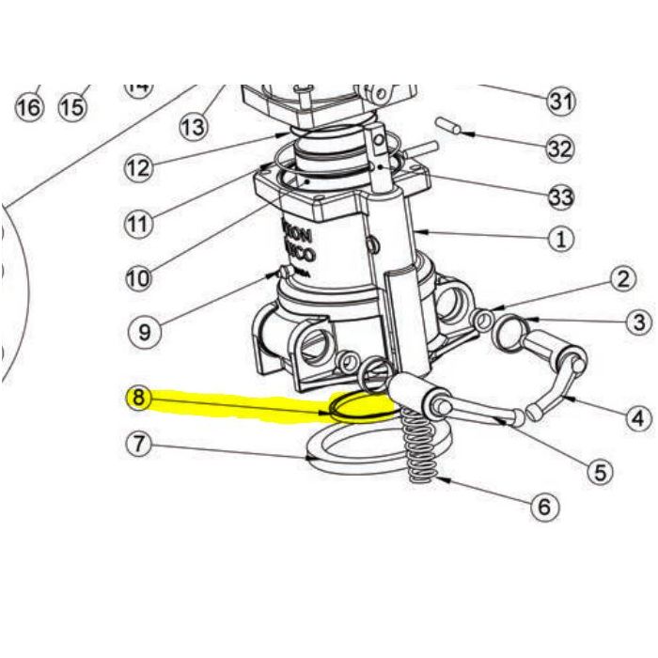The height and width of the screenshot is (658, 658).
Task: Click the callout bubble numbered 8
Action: (x=139, y=398)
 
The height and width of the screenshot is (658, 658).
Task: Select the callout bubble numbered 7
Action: (x=139, y=443)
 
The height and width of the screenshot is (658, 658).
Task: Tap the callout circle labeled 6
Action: (x=543, y=508)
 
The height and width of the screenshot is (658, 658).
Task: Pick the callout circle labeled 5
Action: (x=601, y=470)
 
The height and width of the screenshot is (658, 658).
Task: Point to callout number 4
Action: (x=638, y=416)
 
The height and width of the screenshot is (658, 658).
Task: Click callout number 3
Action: (x=639, y=322)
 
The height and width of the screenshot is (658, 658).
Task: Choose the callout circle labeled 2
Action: (x=622, y=278)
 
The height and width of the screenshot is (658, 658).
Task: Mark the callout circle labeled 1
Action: (x=560, y=239)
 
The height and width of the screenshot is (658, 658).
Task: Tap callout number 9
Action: (x=144, y=331)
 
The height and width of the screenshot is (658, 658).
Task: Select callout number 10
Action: (x=138, y=278)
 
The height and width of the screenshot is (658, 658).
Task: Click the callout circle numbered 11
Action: (x=138, y=224)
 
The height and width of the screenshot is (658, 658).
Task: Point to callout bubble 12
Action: (x=138, y=169)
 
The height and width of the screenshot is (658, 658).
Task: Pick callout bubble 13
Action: (x=194, y=125)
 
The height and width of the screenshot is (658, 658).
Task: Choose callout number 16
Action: (x=29, y=107)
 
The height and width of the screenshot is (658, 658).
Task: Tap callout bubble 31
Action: (x=560, y=100)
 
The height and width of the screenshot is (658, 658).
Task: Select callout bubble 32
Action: (x=560, y=149)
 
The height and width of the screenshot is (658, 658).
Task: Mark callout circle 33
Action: (x=561, y=196)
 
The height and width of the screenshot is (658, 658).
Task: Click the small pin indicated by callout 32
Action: (x=449, y=126)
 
